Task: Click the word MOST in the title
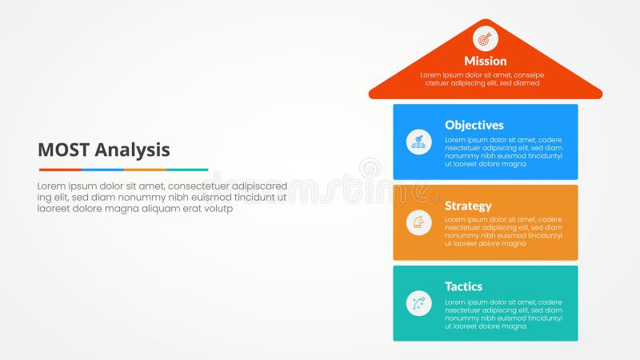[x=64, y=150]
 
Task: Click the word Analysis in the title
[x=132, y=150]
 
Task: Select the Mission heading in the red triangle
[x=485, y=61]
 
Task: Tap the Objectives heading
[x=474, y=125]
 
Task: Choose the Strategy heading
[x=468, y=206]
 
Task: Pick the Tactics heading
[x=465, y=286]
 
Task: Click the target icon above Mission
[x=485, y=38]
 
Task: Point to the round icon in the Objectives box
[x=418, y=142]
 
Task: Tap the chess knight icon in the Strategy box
[x=418, y=222]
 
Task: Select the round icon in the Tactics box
[x=418, y=303]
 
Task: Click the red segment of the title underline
[x=59, y=170]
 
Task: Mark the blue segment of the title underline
[x=102, y=170]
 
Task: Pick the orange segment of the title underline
[x=144, y=170]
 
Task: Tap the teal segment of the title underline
[x=187, y=170]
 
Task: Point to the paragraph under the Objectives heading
[x=503, y=151]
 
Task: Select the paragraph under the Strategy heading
[x=503, y=232]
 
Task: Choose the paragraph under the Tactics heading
[x=503, y=313]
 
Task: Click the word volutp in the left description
[x=217, y=209]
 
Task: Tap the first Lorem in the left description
[x=53, y=186]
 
